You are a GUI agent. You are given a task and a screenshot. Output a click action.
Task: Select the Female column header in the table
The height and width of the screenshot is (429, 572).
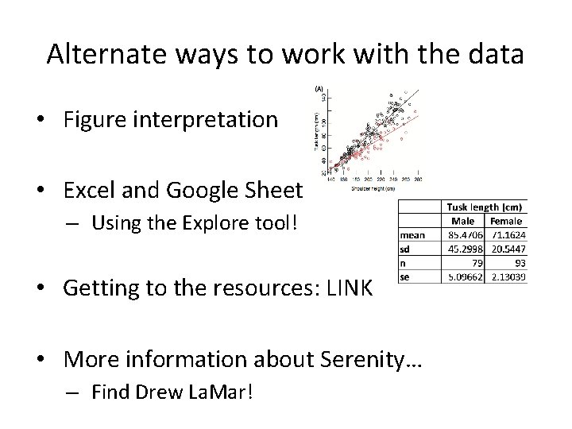coord(506,221)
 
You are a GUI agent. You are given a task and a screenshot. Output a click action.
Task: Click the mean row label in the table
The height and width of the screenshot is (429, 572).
coord(412,236)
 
